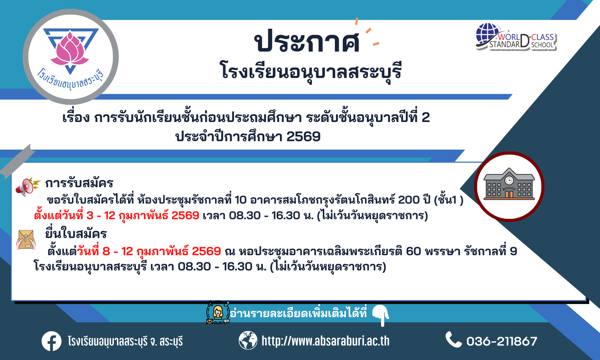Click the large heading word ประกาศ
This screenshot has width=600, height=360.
point(307,42)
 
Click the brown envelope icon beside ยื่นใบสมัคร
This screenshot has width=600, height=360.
point(26,240)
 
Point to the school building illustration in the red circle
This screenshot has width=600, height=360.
point(509,184)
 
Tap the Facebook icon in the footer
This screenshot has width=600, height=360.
point(52,341)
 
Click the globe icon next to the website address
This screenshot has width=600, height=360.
point(248,340)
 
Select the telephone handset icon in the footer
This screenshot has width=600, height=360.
point(454,339)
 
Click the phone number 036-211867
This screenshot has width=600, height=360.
point(502,341)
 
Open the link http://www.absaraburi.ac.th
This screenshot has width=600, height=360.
point(326,341)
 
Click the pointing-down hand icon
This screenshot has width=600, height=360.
point(381,315)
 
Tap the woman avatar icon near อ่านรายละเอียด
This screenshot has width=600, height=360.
point(218,312)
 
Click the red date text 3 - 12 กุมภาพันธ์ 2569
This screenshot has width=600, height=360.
point(142,215)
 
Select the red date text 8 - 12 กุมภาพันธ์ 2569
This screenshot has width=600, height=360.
point(162,251)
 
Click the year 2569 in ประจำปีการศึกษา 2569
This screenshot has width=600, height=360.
point(303,137)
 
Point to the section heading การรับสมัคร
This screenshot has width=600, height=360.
point(79,183)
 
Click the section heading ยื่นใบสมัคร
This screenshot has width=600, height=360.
point(76,233)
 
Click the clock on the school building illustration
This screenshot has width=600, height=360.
point(509,180)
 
